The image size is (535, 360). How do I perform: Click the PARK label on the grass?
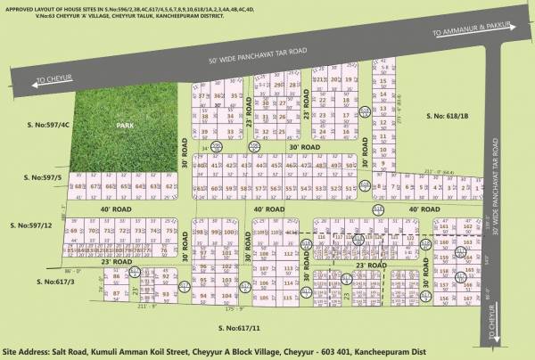[x=123, y=127]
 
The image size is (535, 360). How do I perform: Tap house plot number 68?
[x=80, y=188]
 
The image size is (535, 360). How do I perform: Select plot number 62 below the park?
[x=169, y=188]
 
